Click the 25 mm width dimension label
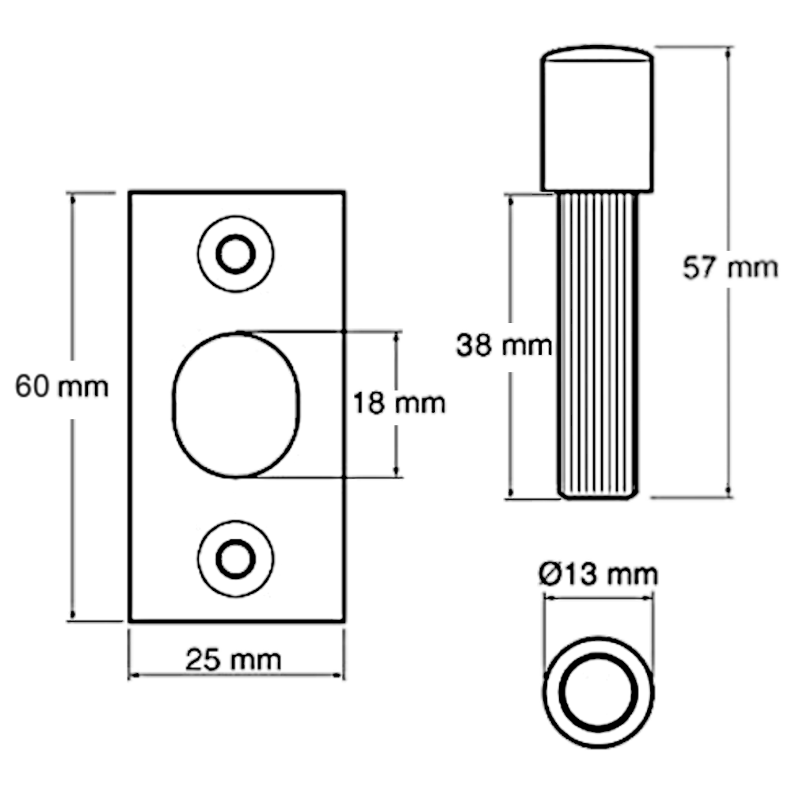click(x=231, y=659)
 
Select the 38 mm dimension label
click(x=505, y=345)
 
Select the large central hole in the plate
click(x=238, y=405)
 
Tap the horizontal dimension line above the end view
click(x=598, y=600)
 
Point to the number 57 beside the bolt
click(x=699, y=269)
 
